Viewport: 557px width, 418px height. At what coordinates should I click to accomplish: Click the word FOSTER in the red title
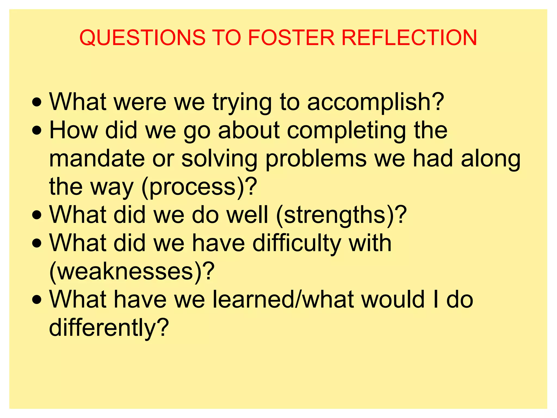click(x=291, y=38)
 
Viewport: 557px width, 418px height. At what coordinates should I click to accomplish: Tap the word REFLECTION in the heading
click(x=409, y=38)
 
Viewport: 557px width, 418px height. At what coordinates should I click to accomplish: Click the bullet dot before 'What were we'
click(x=37, y=103)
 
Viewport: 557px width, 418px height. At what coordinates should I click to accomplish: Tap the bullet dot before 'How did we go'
click(x=37, y=131)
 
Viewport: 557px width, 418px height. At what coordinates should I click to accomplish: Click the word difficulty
click(x=296, y=244)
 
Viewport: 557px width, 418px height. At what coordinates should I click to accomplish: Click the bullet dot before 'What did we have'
click(x=37, y=243)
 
